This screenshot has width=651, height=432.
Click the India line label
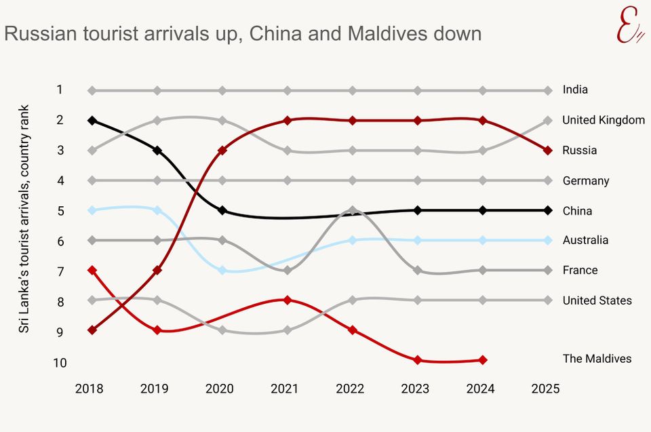pyautogui.click(x=575, y=90)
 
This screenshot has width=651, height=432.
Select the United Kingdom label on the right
pyautogui.click(x=603, y=120)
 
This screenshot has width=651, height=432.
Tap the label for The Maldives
pyautogui.click(x=597, y=359)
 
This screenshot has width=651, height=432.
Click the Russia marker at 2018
pyautogui.click(x=92, y=330)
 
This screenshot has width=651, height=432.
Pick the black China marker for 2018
pyautogui.click(x=92, y=120)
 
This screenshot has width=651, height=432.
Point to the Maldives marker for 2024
pyautogui.click(x=483, y=360)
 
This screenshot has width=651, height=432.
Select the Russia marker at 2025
pyautogui.click(x=548, y=150)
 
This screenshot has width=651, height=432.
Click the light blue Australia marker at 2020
pyautogui.click(x=222, y=270)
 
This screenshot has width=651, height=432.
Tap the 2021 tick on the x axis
pyautogui.click(x=284, y=389)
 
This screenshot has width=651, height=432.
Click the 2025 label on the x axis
pyautogui.click(x=545, y=389)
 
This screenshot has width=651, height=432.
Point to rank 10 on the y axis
pyautogui.click(x=60, y=363)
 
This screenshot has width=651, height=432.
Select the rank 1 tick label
pyautogui.click(x=60, y=90)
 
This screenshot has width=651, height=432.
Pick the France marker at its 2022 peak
pyautogui.click(x=353, y=210)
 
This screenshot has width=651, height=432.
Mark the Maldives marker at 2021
pyautogui.click(x=288, y=300)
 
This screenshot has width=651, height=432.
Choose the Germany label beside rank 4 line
pyautogui.click(x=586, y=181)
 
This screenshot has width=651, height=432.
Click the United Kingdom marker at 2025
pyautogui.click(x=548, y=120)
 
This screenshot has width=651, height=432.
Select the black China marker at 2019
pyautogui.click(x=157, y=150)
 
